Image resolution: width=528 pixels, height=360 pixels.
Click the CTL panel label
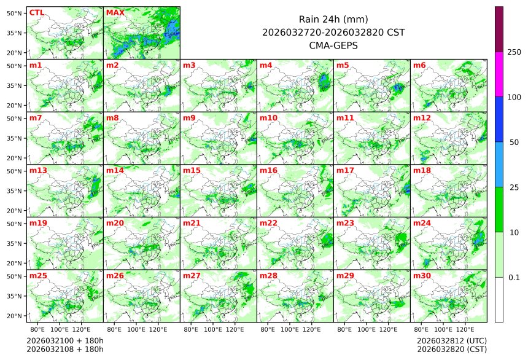(36, 12)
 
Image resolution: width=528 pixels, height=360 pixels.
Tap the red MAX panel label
(114, 12)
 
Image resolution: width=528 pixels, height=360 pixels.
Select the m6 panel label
(420, 65)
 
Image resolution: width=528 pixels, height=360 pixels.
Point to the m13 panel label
(38, 170)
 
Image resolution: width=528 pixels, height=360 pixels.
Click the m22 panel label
(268, 223)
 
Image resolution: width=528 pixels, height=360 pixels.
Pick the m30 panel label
(422, 276)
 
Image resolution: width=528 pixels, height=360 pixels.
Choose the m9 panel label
(189, 118)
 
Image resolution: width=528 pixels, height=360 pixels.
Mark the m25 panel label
(38, 276)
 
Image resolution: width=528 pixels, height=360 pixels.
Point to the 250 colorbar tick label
(514, 52)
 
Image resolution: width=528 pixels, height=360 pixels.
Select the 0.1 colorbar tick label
(514, 277)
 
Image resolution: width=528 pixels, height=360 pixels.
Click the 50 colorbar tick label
(514, 143)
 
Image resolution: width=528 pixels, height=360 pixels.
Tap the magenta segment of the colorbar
(499, 74)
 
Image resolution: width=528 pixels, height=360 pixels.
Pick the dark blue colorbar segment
(499, 119)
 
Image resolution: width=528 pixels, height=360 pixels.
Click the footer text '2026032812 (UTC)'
(451, 340)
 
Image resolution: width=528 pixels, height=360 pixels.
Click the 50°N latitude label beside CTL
(15, 13)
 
